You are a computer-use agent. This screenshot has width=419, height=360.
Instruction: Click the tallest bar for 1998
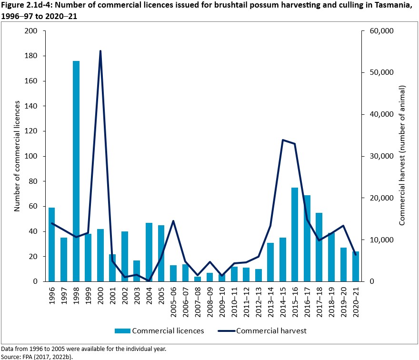(76, 171)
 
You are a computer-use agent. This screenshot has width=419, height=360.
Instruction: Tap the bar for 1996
(51, 244)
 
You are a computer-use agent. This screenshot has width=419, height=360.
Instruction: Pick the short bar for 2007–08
(198, 279)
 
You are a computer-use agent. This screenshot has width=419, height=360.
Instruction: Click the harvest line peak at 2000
(100, 51)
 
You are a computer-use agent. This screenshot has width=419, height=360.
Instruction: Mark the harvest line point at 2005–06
(173, 221)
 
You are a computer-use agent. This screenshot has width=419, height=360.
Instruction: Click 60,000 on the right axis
(376, 31)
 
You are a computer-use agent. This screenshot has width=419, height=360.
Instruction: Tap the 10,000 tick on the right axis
(376, 240)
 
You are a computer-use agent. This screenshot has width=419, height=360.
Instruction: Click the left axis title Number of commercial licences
(17, 156)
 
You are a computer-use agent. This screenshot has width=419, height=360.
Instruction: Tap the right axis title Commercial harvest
(402, 156)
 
